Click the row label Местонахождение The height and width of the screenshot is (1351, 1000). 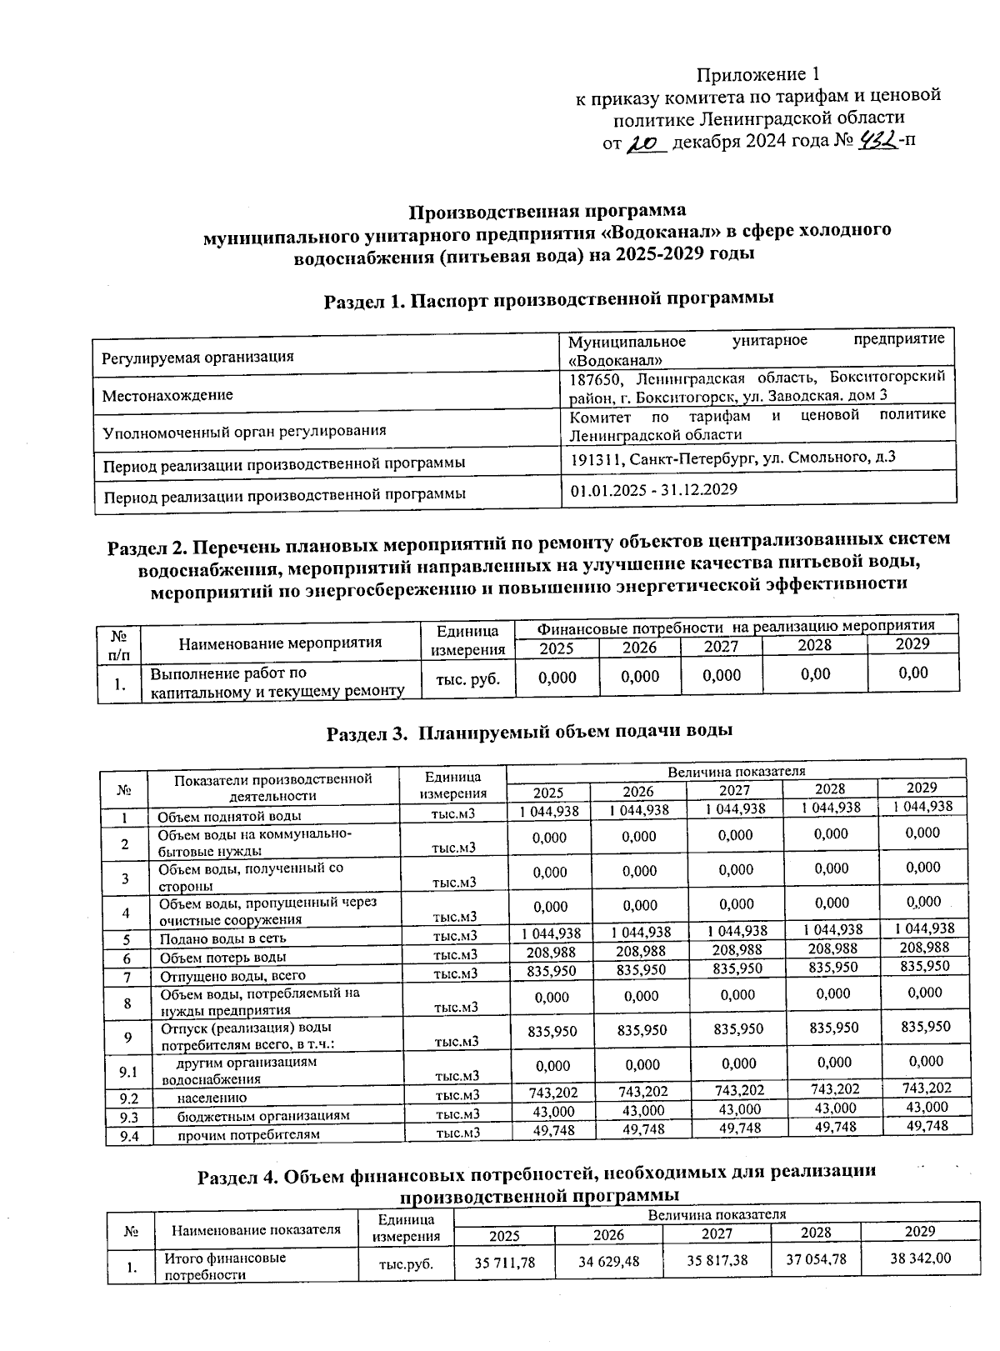point(167,395)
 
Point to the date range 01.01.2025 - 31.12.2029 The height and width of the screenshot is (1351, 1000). point(653,489)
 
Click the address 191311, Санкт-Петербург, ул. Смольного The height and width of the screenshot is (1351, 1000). point(732,458)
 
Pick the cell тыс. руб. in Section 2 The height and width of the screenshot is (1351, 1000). point(468,678)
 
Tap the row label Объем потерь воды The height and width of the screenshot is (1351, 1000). point(223,958)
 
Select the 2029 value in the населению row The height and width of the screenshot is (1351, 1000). point(927,1088)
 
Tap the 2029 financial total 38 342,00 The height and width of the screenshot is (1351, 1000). point(920,1258)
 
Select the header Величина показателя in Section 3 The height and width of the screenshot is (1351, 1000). point(736,771)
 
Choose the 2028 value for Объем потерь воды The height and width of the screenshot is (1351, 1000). point(832,948)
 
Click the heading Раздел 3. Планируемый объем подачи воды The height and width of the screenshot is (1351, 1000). point(529,732)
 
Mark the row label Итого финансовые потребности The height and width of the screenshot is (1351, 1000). point(225,1266)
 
